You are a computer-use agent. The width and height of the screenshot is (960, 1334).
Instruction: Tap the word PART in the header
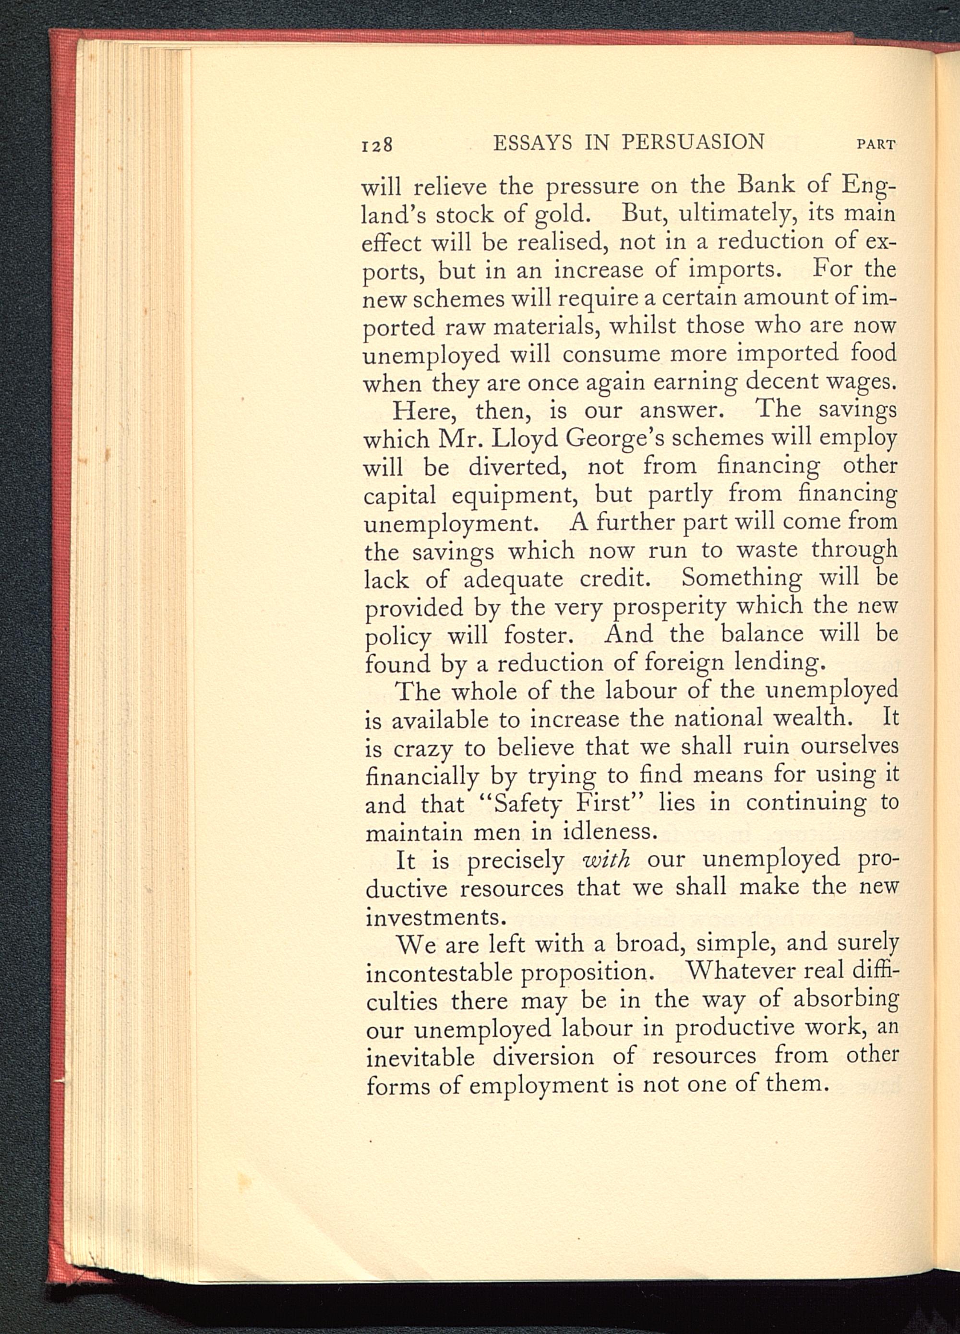point(876,144)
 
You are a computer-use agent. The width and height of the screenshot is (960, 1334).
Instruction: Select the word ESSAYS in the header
point(532,143)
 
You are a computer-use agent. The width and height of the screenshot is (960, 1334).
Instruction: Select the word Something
point(741,577)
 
